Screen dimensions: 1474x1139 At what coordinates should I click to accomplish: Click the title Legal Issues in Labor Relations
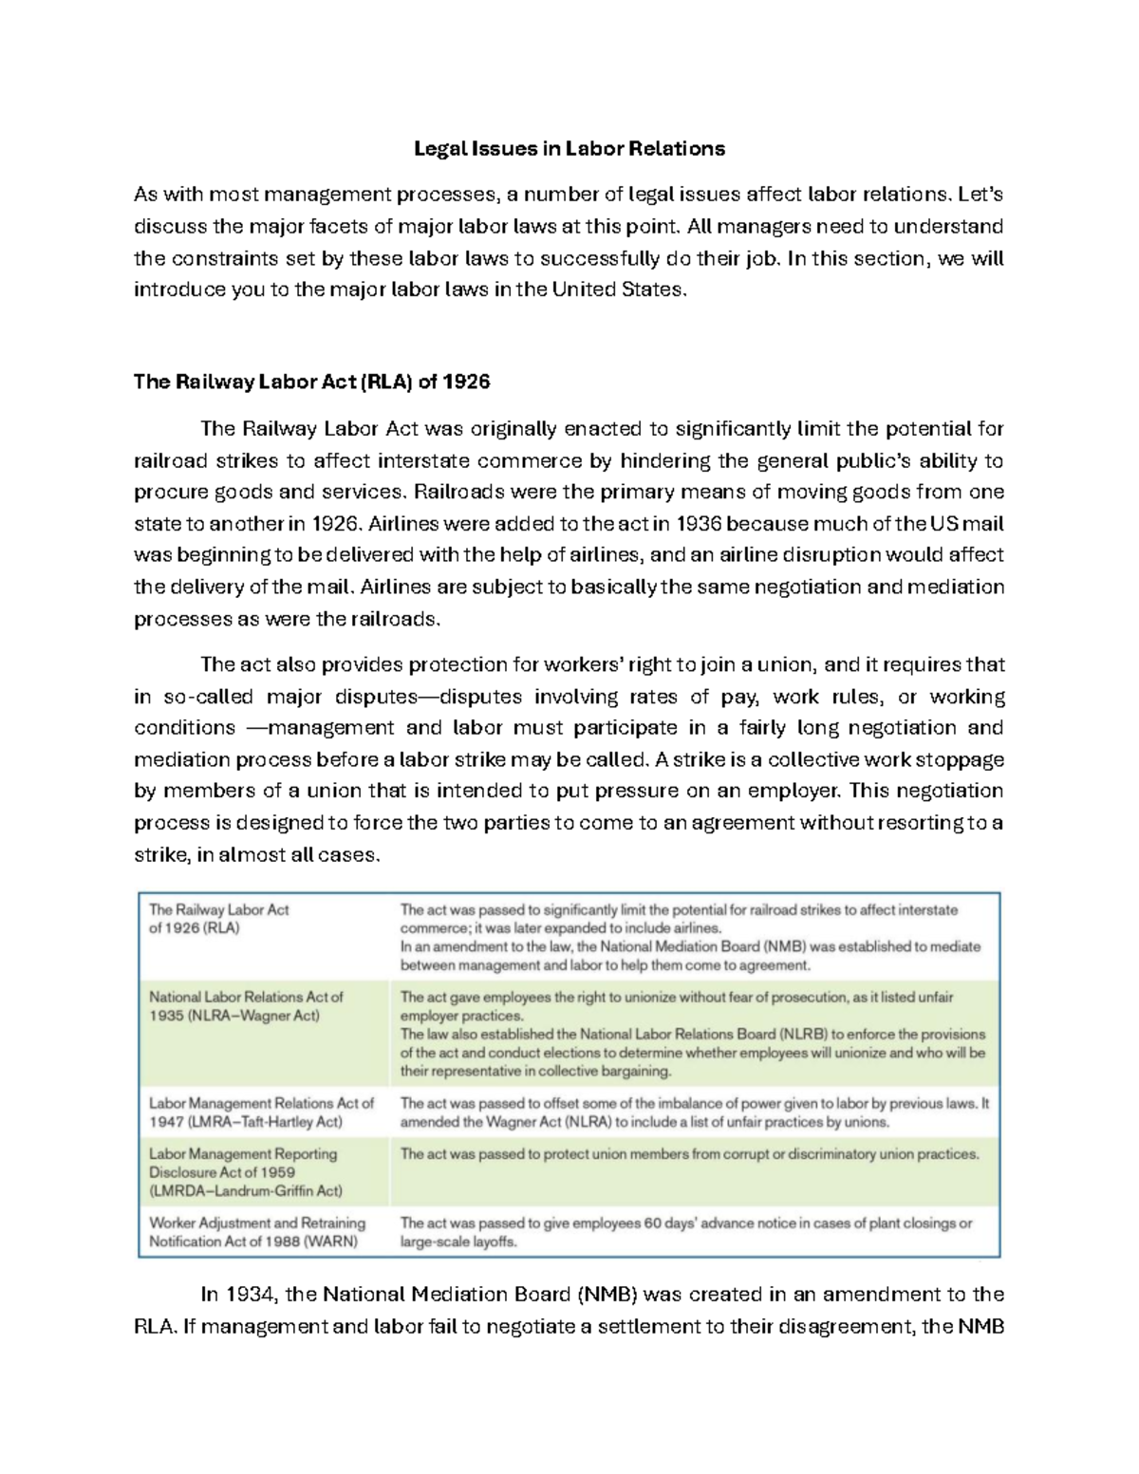click(x=569, y=149)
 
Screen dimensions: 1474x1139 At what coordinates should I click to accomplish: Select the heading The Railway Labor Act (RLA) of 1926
click(x=312, y=382)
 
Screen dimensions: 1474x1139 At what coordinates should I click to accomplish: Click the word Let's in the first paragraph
click(x=980, y=196)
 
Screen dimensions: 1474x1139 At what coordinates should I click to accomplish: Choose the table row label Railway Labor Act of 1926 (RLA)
click(x=218, y=919)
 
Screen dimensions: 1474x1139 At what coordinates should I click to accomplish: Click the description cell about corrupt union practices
click(x=689, y=1155)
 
